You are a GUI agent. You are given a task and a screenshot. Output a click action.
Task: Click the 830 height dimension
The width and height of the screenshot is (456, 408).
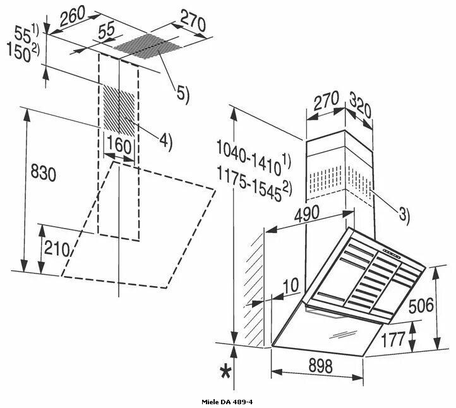[x=43, y=173]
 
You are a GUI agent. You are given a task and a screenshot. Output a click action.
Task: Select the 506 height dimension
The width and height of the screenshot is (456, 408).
[x=421, y=306]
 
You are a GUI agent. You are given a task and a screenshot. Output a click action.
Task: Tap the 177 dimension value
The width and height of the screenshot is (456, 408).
[x=393, y=339]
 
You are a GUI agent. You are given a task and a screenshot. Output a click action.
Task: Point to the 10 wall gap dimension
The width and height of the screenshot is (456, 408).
[x=290, y=286]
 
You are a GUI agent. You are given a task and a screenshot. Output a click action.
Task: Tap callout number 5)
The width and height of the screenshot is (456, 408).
[x=183, y=94]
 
